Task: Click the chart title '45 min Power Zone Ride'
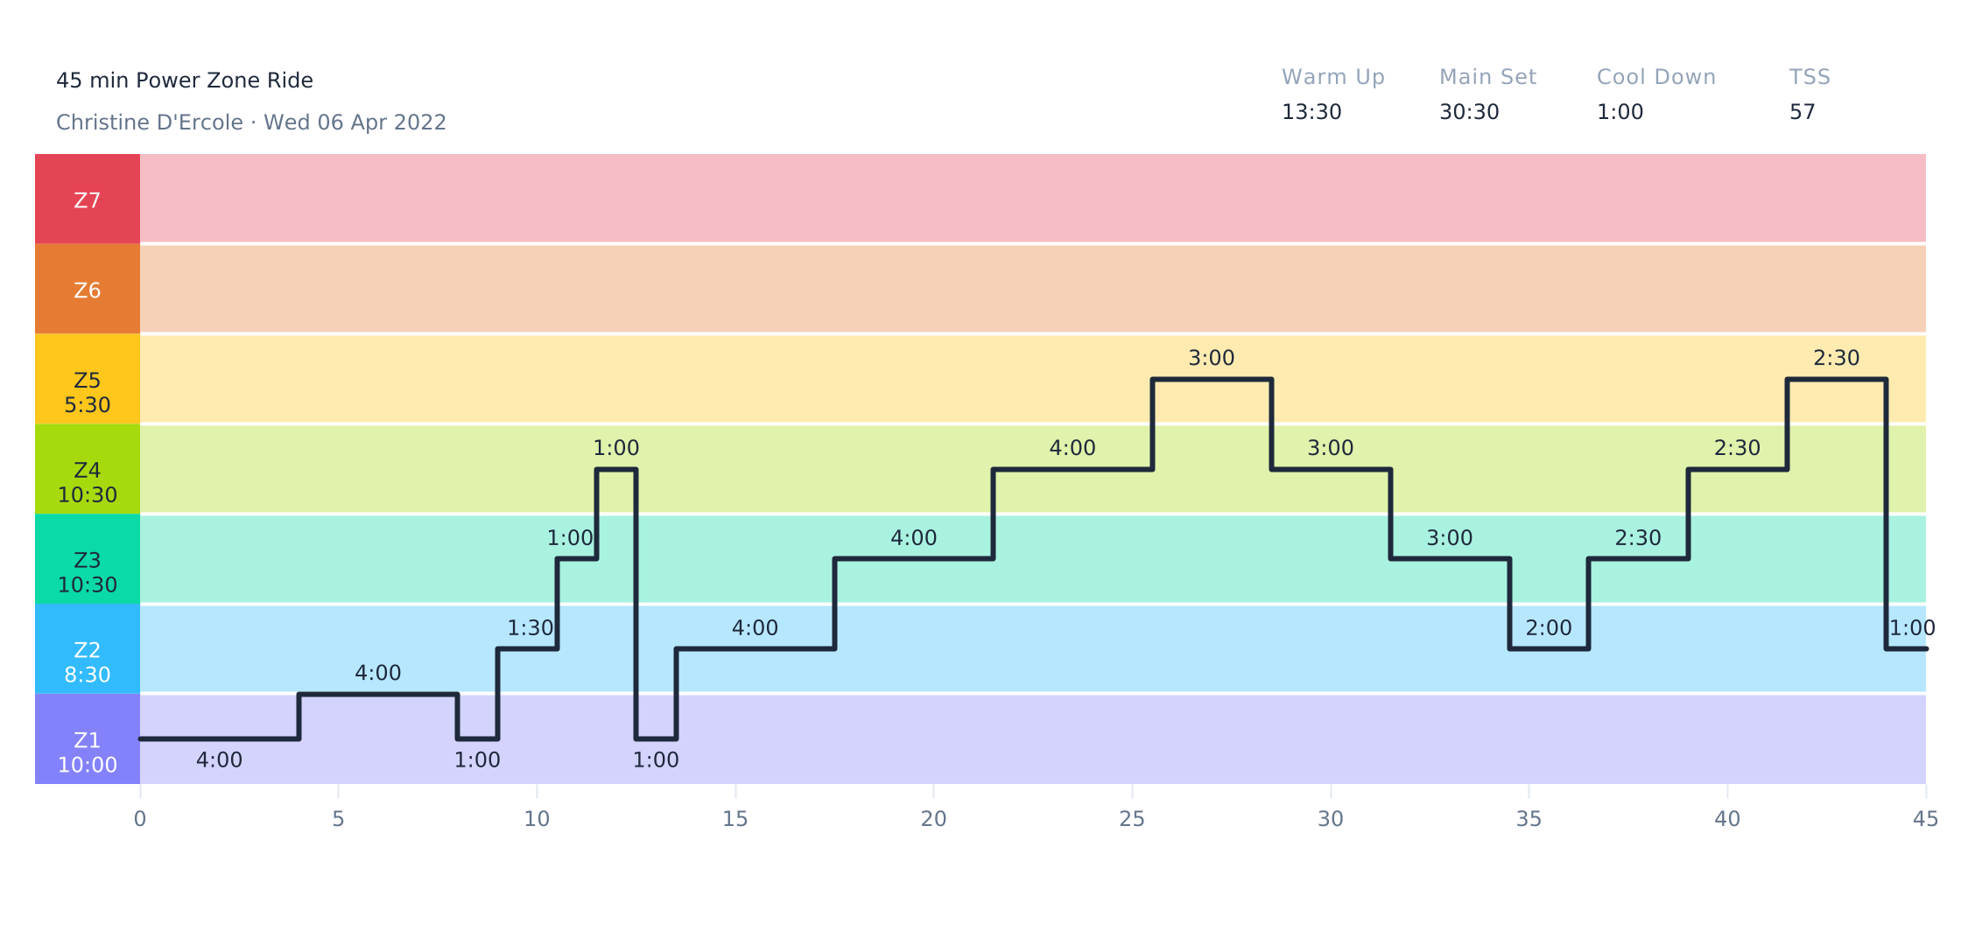click(184, 80)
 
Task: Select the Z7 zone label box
click(88, 199)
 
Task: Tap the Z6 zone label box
click(88, 290)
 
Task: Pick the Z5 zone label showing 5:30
click(88, 392)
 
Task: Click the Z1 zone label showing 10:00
click(88, 752)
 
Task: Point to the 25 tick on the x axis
click(1132, 819)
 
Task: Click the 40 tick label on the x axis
click(1727, 819)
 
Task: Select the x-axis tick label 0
click(140, 819)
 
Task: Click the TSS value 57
click(1802, 112)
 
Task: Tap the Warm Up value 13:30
click(1311, 112)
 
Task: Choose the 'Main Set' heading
click(1487, 77)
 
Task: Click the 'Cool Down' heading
click(1655, 77)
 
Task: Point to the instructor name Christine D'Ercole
click(149, 122)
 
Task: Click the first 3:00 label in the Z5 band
click(1211, 358)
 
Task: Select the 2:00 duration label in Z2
click(1548, 628)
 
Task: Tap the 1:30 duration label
click(531, 628)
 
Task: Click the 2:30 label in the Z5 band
click(1836, 358)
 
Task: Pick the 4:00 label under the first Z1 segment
click(219, 760)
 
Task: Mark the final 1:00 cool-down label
click(1912, 628)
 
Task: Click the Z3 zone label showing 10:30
click(88, 572)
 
